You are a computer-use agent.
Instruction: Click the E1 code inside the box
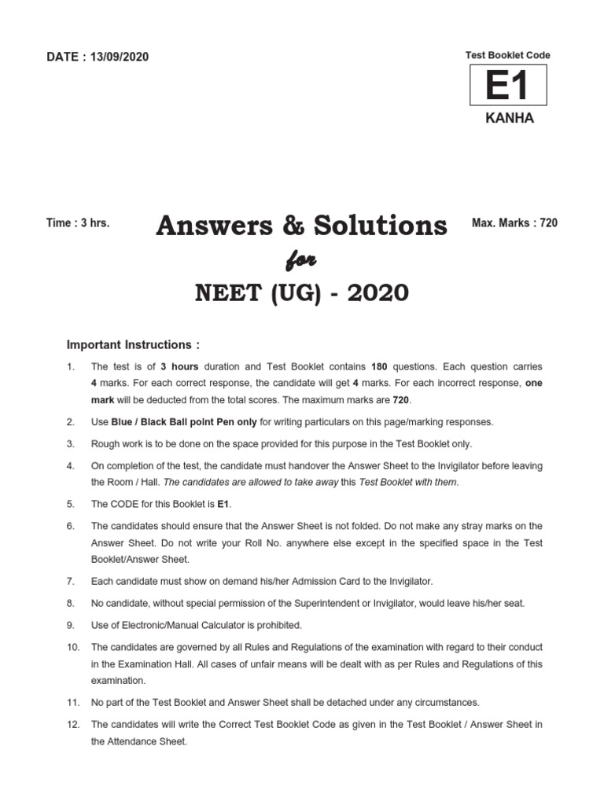click(x=507, y=86)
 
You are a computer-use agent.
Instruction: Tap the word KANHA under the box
click(x=508, y=118)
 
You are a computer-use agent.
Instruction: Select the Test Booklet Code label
click(x=508, y=55)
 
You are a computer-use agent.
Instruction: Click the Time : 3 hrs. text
click(x=78, y=223)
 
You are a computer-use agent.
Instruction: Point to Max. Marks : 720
click(x=514, y=223)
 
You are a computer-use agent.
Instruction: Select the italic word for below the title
click(x=303, y=260)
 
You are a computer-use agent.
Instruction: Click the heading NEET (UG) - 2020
click(x=303, y=293)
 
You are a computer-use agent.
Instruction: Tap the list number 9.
click(x=70, y=625)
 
